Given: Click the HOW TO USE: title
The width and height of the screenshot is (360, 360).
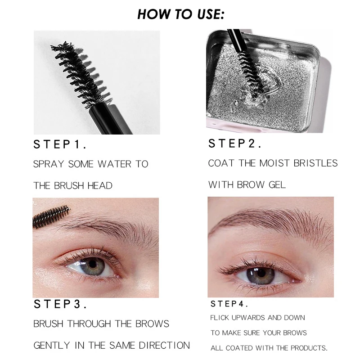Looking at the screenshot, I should point(180,14).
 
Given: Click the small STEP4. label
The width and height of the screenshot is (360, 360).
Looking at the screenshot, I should point(229,304).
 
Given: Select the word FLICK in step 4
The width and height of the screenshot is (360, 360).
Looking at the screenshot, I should point(220,318).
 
